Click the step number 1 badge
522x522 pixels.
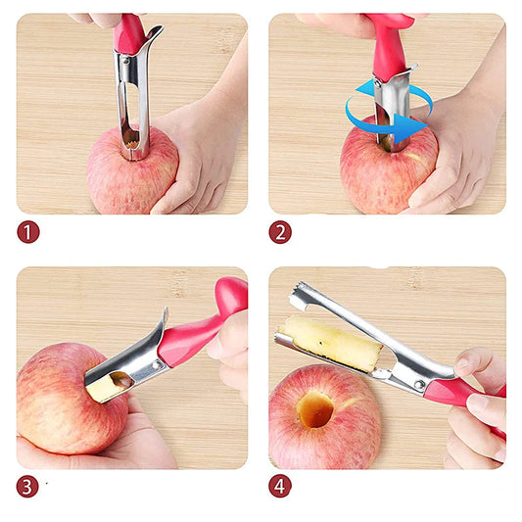(x=28, y=233)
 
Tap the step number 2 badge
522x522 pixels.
(x=281, y=233)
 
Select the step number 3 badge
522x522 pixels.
(x=28, y=486)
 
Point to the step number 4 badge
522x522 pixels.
(x=281, y=486)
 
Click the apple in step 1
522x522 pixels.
(x=118, y=176)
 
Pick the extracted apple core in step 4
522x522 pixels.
(x=332, y=342)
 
